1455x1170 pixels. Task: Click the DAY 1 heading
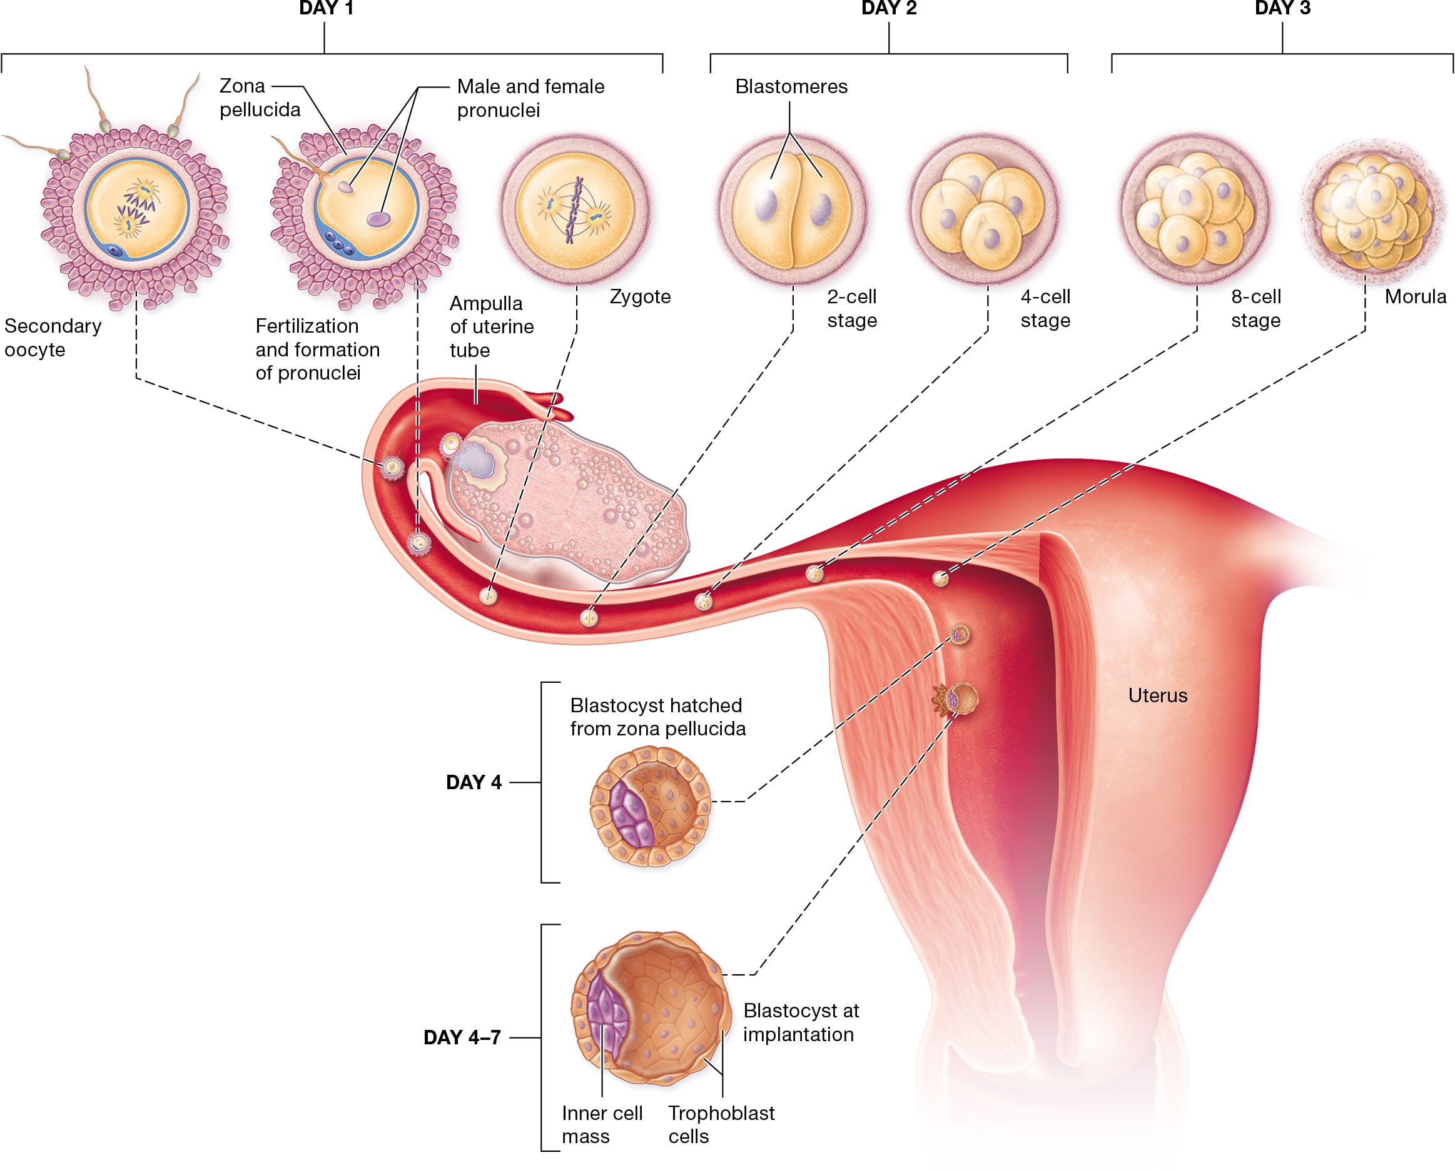tap(325, 9)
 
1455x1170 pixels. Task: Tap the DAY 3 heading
tap(1282, 9)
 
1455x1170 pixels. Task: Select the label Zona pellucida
tap(259, 98)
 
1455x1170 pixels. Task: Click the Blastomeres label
tap(791, 86)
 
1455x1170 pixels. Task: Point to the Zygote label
tap(640, 297)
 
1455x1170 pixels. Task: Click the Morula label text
tap(1415, 297)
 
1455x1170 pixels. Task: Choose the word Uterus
tap(1157, 695)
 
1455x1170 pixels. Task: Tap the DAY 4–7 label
tap(462, 1037)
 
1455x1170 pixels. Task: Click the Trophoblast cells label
tap(721, 1124)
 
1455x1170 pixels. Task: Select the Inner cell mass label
tap(601, 1124)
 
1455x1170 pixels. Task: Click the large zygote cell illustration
tap(574, 209)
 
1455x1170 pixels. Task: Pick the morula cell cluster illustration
tap(1371, 209)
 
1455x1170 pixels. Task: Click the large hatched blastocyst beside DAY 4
tap(650, 805)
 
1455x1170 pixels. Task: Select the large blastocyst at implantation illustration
tap(651, 1008)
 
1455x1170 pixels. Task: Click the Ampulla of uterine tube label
tap(491, 326)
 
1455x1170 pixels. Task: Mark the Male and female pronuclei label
tap(530, 98)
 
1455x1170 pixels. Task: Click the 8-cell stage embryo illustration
tap(1195, 209)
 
